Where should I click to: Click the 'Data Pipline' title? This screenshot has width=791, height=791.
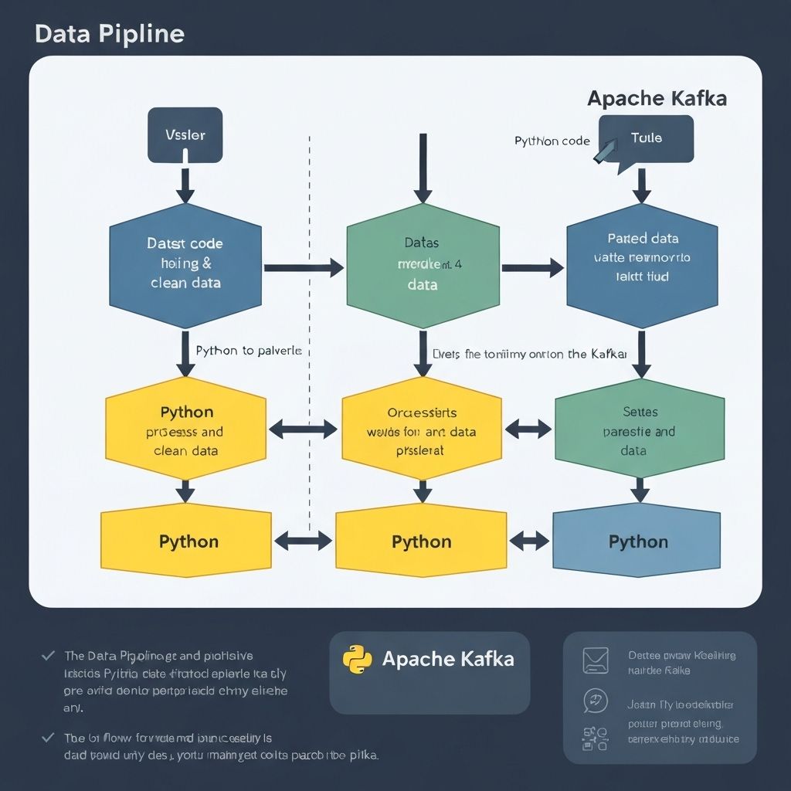coord(110,34)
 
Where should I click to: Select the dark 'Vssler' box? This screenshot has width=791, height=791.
coord(185,135)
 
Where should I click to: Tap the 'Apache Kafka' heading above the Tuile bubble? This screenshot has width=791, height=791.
coord(657,99)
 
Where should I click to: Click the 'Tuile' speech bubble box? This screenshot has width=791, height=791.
coord(647,138)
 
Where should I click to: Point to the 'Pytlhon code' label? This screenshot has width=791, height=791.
coord(552,141)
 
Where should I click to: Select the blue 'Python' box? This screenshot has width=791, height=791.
coord(637,541)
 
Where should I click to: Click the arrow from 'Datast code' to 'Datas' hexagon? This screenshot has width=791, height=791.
coord(304,268)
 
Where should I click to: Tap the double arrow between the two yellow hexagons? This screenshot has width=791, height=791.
coord(304,429)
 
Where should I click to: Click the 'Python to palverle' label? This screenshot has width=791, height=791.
coord(248,351)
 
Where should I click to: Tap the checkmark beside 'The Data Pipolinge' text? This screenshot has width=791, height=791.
coord(48,655)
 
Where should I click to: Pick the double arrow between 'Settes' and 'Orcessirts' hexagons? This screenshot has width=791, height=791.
coord(528,428)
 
